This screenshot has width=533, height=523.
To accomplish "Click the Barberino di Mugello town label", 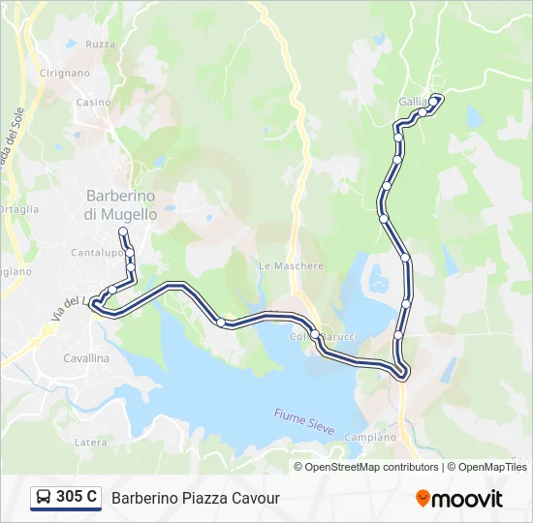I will (x=121, y=204).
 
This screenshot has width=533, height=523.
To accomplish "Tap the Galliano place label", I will (x=413, y=101).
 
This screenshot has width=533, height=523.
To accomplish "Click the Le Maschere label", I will (x=291, y=265).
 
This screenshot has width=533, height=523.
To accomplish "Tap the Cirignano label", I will (x=65, y=73).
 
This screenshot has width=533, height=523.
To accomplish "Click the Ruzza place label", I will (x=100, y=45).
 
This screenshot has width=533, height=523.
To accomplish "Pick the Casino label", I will (x=94, y=102).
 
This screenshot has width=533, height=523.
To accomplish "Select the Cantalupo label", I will (x=96, y=253).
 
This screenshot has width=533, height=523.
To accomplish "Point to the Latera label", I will (x=91, y=442).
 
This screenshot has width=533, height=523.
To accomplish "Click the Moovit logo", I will (x=459, y=499).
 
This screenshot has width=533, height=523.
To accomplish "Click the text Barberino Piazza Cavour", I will (x=196, y=498).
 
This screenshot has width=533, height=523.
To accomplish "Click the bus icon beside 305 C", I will (x=44, y=498).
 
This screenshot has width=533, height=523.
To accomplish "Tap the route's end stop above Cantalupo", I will (x=123, y=231).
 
